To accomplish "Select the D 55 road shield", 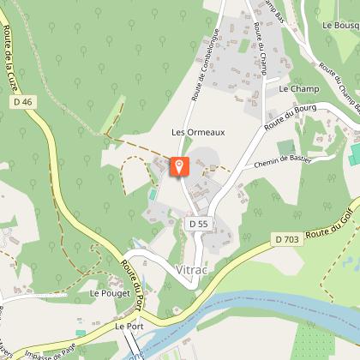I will [x=198, y=224].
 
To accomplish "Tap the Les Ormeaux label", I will [x=197, y=132].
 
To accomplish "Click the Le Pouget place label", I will [x=110, y=293].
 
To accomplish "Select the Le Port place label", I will [x=130, y=327].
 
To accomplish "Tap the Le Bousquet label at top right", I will [x=341, y=26].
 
